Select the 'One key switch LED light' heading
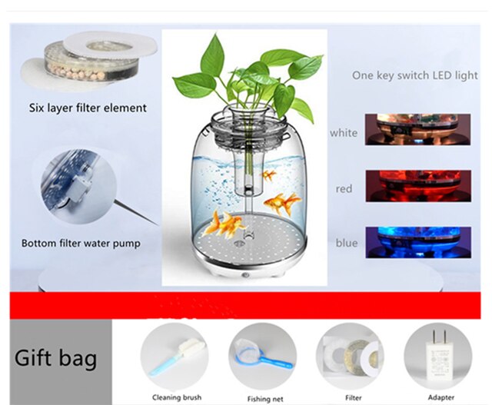coord(414,76)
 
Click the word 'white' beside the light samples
coord(344,133)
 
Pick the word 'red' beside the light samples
coord(344,188)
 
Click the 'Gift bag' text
coord(55,358)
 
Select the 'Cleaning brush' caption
coord(176,397)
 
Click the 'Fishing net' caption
coord(265,399)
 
